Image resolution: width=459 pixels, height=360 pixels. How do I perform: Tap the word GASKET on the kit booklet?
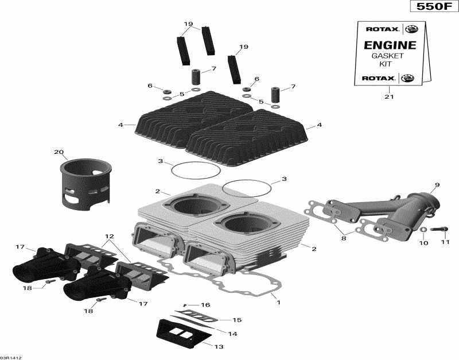point(388,56)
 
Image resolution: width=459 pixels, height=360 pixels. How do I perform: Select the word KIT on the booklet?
point(388,64)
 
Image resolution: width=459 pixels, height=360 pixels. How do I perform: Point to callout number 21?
point(390,96)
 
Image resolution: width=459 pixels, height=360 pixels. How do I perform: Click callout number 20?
point(58,152)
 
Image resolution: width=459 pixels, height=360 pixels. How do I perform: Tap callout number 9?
point(437,184)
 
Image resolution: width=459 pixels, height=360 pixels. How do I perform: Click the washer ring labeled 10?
point(423,230)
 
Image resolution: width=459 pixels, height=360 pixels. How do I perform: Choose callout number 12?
point(109,237)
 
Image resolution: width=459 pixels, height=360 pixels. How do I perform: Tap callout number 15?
point(237,320)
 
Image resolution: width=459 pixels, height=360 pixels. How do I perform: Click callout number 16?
point(205,305)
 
